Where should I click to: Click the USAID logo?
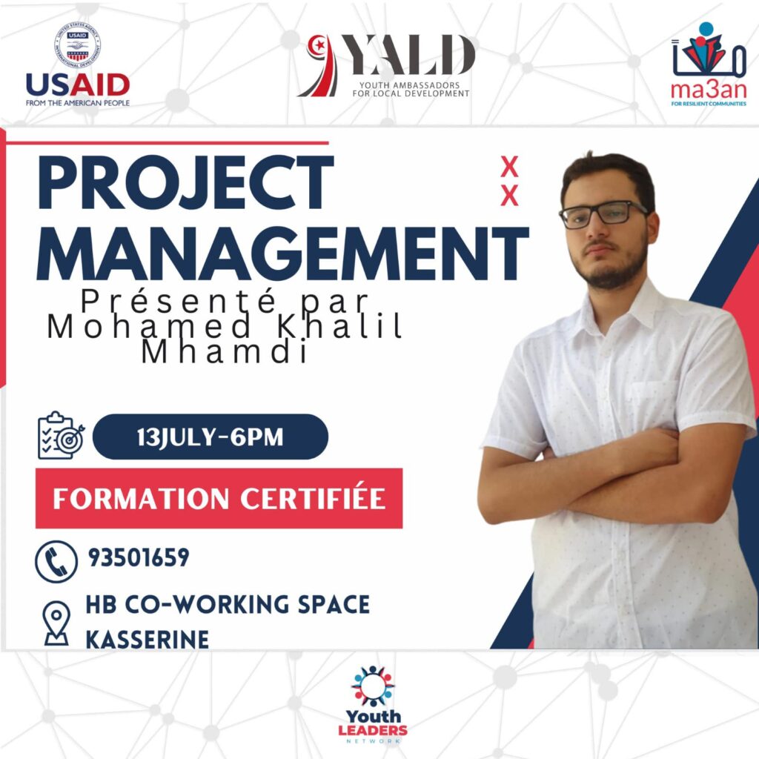77,64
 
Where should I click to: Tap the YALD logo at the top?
385,66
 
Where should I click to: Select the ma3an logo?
708,64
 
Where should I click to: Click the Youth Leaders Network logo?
373,704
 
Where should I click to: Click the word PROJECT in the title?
185,182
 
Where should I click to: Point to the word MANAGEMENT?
282,253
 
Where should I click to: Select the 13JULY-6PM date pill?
210,437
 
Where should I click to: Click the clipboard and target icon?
61,436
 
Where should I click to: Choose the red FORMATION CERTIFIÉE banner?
219,498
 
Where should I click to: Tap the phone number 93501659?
139,557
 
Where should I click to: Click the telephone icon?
56,562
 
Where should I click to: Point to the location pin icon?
56,623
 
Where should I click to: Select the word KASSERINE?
148,640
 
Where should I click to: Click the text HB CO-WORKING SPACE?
228,604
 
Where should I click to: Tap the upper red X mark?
509,166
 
